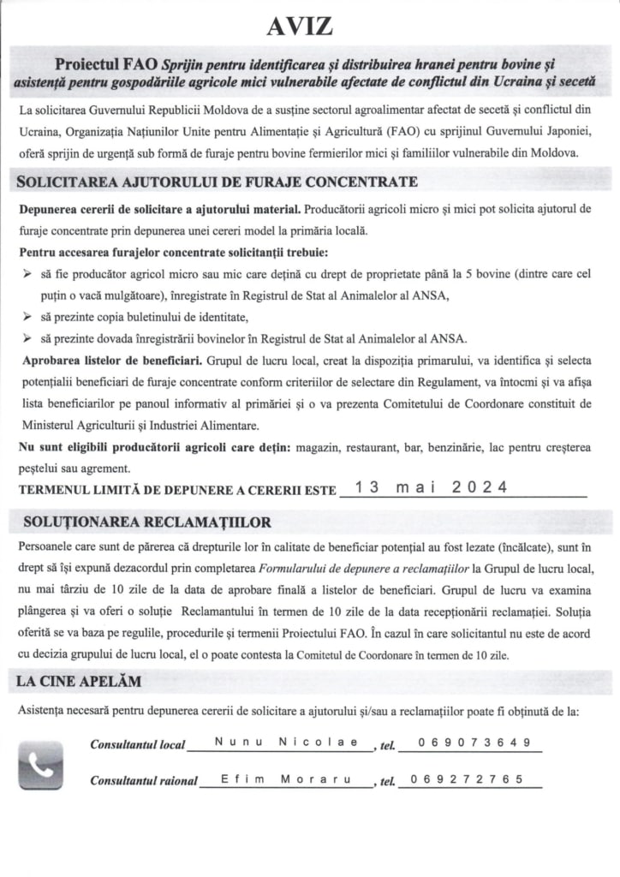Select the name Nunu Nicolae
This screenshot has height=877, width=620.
(x=287, y=742)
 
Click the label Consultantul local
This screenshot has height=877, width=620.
(x=138, y=744)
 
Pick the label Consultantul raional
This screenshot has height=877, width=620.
(x=144, y=781)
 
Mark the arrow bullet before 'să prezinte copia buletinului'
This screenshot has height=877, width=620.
(x=25, y=317)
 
